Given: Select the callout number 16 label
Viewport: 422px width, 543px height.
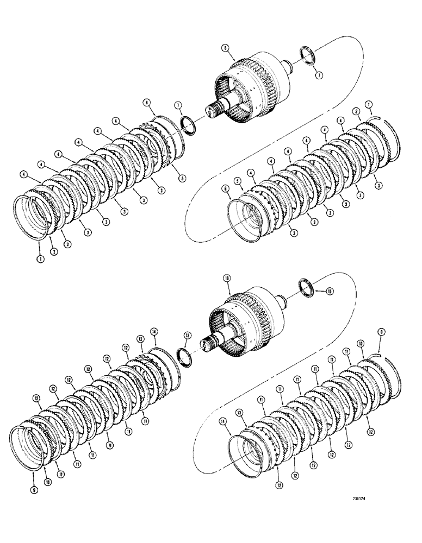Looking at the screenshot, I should pos(227,278).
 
